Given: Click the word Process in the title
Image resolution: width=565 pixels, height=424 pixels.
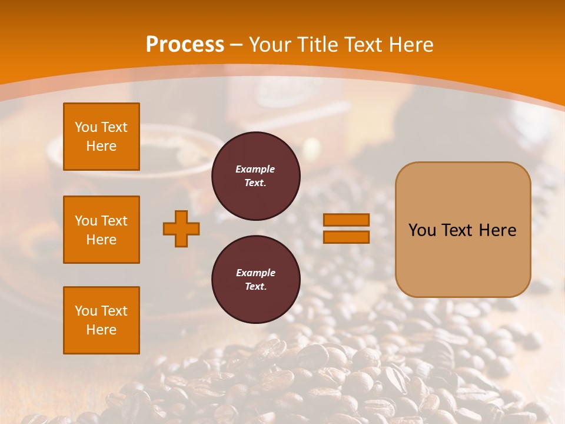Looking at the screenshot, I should click(x=185, y=44).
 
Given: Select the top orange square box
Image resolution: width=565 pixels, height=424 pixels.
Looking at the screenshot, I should click(x=101, y=137).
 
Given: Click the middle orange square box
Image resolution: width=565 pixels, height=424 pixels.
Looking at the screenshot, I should click(x=101, y=230).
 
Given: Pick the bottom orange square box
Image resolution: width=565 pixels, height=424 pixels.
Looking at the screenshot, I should click(x=101, y=320).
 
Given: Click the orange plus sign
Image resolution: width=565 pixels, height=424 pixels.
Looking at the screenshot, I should click(x=181, y=228).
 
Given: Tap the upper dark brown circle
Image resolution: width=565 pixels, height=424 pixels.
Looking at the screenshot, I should click(x=255, y=176).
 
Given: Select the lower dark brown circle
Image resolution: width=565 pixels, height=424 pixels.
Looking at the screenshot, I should click(x=255, y=280).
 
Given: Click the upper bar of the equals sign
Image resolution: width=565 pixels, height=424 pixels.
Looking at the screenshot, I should click(x=346, y=220).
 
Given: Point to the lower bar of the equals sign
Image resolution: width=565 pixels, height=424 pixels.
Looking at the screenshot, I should click(x=346, y=237).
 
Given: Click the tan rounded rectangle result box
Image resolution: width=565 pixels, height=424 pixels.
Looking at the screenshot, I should click(x=463, y=259).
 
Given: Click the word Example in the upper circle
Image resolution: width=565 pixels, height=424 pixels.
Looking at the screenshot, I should click(x=255, y=169).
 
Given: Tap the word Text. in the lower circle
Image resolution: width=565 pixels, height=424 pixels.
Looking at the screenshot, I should click(x=255, y=287).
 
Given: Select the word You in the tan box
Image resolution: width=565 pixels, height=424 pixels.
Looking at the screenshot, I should click(x=422, y=230).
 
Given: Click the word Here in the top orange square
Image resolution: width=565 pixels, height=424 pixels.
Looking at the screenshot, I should click(x=101, y=146).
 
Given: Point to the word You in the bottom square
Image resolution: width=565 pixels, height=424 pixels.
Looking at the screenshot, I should click(x=86, y=311).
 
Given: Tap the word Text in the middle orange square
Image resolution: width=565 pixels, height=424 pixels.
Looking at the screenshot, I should click(x=114, y=221).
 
